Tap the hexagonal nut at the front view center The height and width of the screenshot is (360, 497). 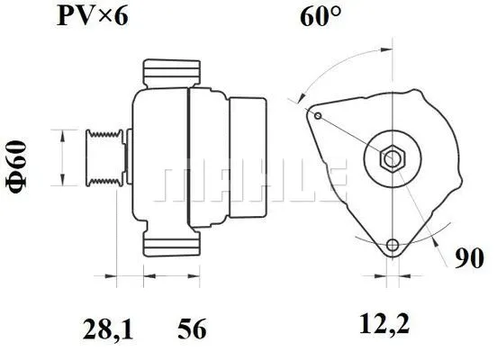click(x=393, y=159)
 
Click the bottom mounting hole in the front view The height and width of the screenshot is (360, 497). click(x=391, y=247)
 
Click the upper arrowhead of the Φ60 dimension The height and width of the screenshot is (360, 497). click(x=61, y=133)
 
